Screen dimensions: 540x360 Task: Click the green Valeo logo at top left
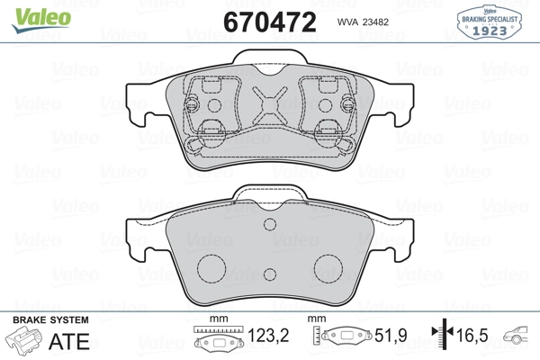tap(41, 20)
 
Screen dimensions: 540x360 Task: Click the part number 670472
tap(270, 22)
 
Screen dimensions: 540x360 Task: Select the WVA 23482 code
tap(363, 22)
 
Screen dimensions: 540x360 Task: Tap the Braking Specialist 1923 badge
tap(489, 22)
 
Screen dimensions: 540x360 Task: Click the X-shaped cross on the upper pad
tap(270, 104)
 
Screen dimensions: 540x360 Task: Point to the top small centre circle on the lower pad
tap(270, 224)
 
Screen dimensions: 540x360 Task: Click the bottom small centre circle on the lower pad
tap(270, 274)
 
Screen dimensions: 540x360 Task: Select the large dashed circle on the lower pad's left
tap(211, 269)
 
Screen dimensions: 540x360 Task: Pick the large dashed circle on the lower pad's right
tap(328, 269)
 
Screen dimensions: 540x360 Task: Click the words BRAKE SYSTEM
tap(50, 320)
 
